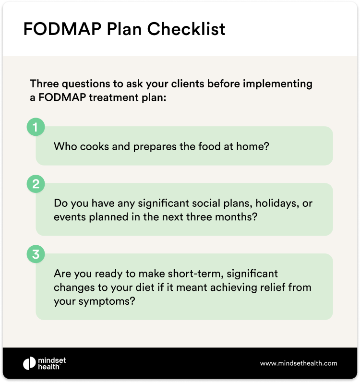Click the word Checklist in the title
pos(186,29)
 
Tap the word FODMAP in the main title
pos(62,29)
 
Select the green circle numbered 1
pos(36,127)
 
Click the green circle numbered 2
pos(36,184)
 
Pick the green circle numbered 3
pos(36,254)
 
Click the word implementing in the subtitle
pos(277,84)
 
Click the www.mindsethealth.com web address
pos(299,363)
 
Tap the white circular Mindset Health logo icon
pos(29,363)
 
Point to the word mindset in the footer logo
pos(52,360)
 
